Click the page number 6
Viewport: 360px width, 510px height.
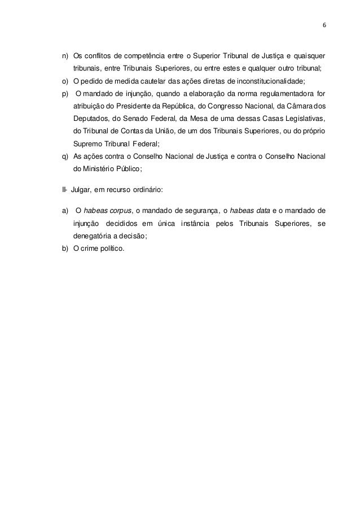pyautogui.click(x=324, y=26)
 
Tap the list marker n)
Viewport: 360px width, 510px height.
pyautogui.click(x=65, y=56)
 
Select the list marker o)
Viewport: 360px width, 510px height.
pyautogui.click(x=65, y=81)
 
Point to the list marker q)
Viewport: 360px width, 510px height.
pyautogui.click(x=65, y=156)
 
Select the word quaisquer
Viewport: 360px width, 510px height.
pyautogui.click(x=310, y=56)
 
